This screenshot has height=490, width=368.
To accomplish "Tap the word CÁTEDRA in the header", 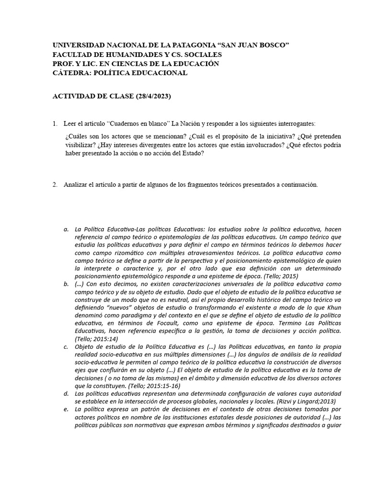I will click(70, 73).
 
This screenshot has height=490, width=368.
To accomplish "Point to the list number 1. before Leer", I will click(55, 123).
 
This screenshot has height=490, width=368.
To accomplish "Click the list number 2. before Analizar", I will click(55, 185).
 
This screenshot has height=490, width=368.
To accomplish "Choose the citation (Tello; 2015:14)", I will click(96, 339).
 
